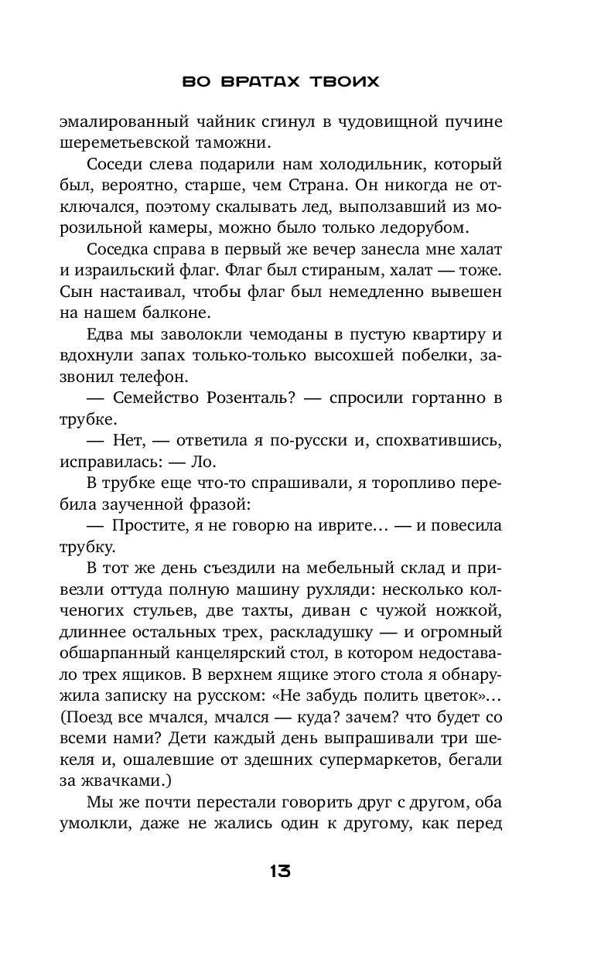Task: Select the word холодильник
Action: (x=385, y=164)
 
